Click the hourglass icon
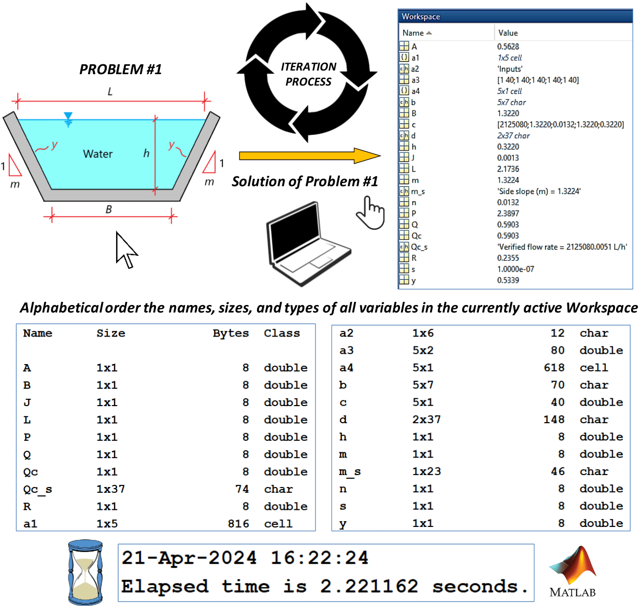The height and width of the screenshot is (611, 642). [85, 573]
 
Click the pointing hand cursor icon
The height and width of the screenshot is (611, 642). [370, 213]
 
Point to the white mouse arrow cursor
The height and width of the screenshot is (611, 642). [125, 250]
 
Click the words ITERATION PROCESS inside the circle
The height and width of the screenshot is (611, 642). [308, 74]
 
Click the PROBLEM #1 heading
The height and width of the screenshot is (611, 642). [120, 69]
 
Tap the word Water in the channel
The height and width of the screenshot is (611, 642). [97, 154]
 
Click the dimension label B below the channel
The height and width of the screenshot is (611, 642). [108, 210]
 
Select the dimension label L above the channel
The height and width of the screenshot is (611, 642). [110, 92]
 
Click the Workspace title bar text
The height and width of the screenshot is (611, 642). [421, 17]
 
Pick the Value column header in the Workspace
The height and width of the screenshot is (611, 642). [508, 33]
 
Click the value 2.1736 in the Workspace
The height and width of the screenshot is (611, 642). [508, 169]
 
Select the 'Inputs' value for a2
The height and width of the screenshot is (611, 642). [510, 69]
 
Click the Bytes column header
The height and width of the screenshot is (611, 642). [231, 333]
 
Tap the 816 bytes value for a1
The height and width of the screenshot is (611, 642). [238, 524]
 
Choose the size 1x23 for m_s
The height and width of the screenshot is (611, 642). [426, 471]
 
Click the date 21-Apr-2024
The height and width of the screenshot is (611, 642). [189, 558]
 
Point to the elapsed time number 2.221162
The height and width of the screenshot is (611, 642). [369, 587]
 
